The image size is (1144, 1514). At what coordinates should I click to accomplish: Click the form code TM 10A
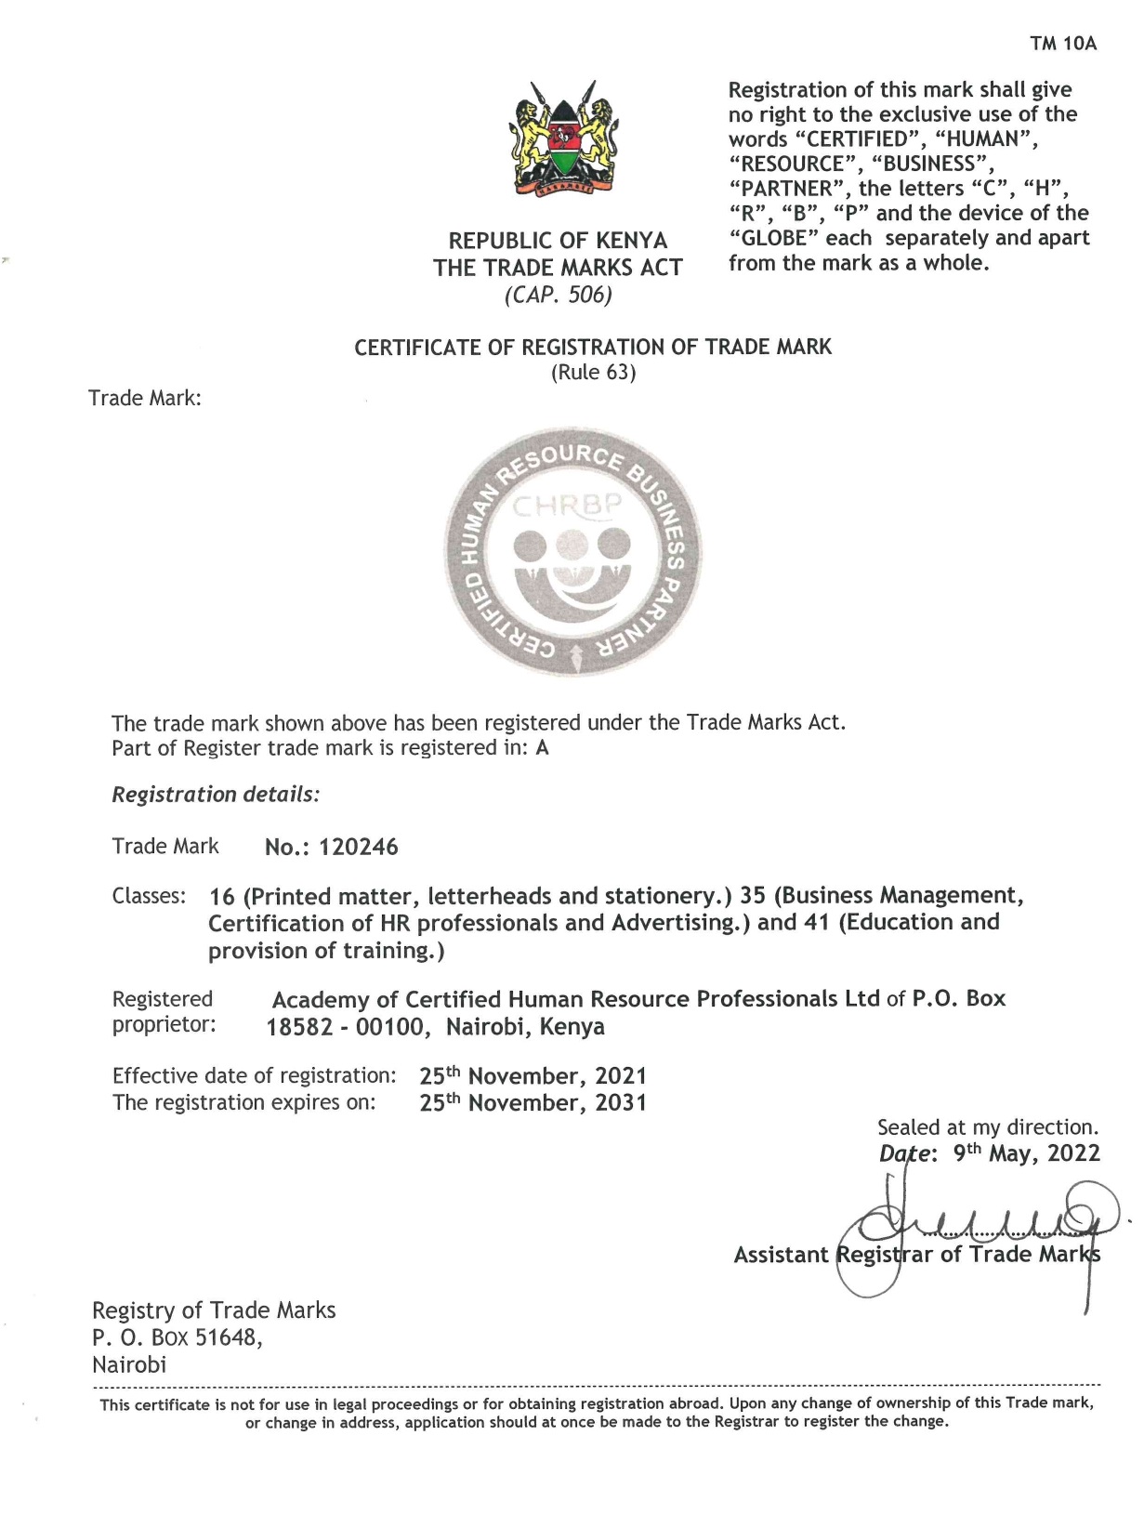tap(1063, 44)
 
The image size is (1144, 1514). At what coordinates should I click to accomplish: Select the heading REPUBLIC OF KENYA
tap(558, 241)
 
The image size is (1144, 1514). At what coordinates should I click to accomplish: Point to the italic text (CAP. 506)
tap(558, 296)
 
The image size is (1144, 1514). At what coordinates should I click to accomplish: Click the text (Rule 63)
tap(593, 373)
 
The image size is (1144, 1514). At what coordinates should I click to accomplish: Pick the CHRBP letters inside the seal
tap(567, 507)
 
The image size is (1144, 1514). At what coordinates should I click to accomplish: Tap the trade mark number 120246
tap(358, 847)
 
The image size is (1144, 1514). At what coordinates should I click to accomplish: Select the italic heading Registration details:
tap(216, 795)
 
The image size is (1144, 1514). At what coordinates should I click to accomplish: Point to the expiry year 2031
tap(621, 1103)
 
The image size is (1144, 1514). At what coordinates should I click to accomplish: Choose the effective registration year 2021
tap(621, 1076)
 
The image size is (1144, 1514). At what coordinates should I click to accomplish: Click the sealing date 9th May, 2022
tap(1026, 1153)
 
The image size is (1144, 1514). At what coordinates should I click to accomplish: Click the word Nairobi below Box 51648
tap(129, 1365)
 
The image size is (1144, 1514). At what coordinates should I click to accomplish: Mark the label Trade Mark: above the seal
tap(144, 399)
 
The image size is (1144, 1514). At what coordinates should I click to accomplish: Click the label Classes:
tap(149, 896)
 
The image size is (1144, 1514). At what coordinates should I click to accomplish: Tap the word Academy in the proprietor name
tap(321, 1000)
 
